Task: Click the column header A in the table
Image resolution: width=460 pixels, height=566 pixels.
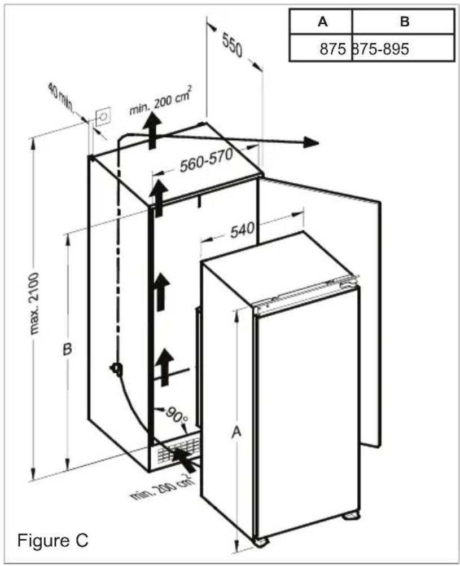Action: click(x=322, y=22)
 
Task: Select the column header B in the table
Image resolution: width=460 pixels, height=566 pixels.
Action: click(x=404, y=22)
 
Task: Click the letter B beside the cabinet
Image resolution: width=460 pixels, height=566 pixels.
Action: click(x=67, y=350)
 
